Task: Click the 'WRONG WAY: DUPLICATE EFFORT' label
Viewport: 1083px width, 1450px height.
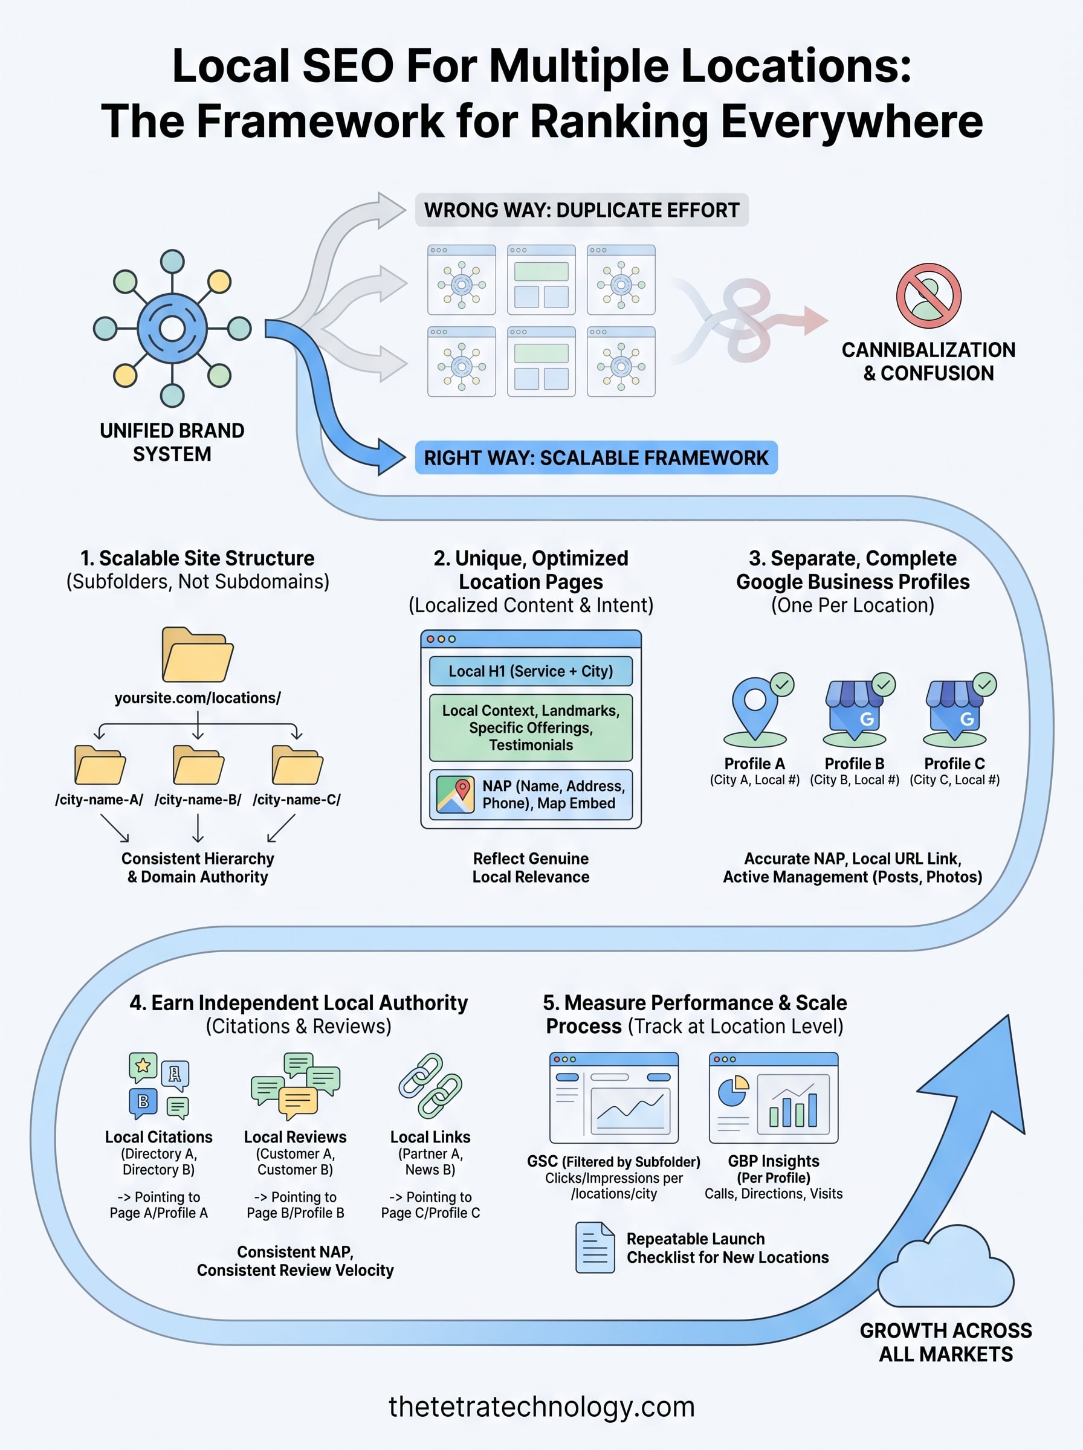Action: pyautogui.click(x=581, y=210)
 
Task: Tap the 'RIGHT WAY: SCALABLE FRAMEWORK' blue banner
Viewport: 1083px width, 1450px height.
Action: pyautogui.click(x=595, y=457)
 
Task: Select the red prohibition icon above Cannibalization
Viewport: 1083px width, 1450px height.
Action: pyautogui.click(x=928, y=295)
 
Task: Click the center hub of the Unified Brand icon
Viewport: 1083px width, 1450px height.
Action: pyautogui.click(x=172, y=328)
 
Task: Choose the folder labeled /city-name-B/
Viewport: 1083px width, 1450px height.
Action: pyautogui.click(x=198, y=765)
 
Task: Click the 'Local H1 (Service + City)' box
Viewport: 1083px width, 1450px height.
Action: pyautogui.click(x=531, y=671)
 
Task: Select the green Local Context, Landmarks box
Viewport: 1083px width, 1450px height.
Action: pyautogui.click(x=531, y=727)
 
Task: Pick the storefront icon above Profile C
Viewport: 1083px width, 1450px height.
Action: pyautogui.click(x=954, y=711)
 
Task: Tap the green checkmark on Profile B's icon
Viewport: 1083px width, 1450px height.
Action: pyautogui.click(x=883, y=685)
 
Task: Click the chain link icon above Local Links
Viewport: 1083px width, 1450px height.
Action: pyautogui.click(x=430, y=1086)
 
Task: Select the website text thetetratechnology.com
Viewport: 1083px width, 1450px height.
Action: pyautogui.click(x=541, y=1406)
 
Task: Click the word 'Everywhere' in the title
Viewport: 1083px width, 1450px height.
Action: pyautogui.click(x=852, y=122)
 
